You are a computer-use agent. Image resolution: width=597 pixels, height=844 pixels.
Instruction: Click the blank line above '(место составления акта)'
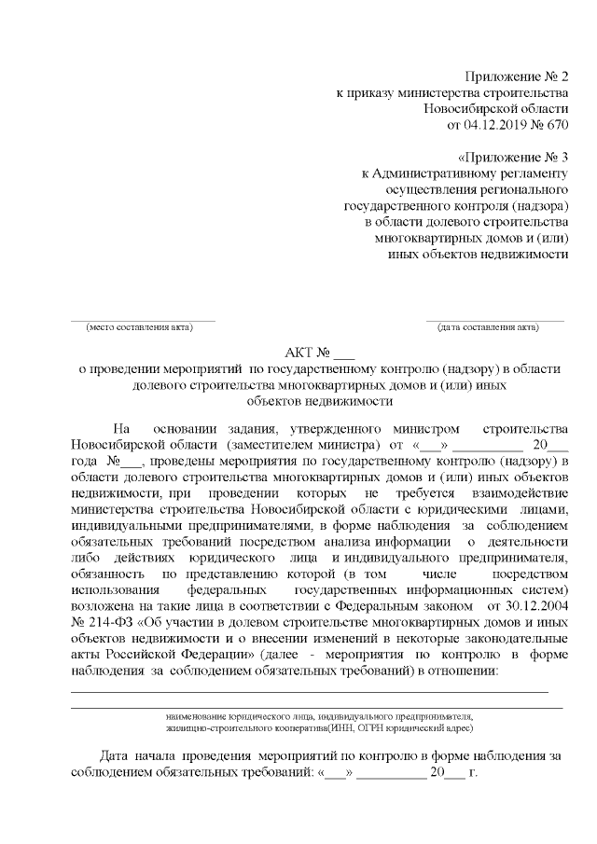143,318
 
